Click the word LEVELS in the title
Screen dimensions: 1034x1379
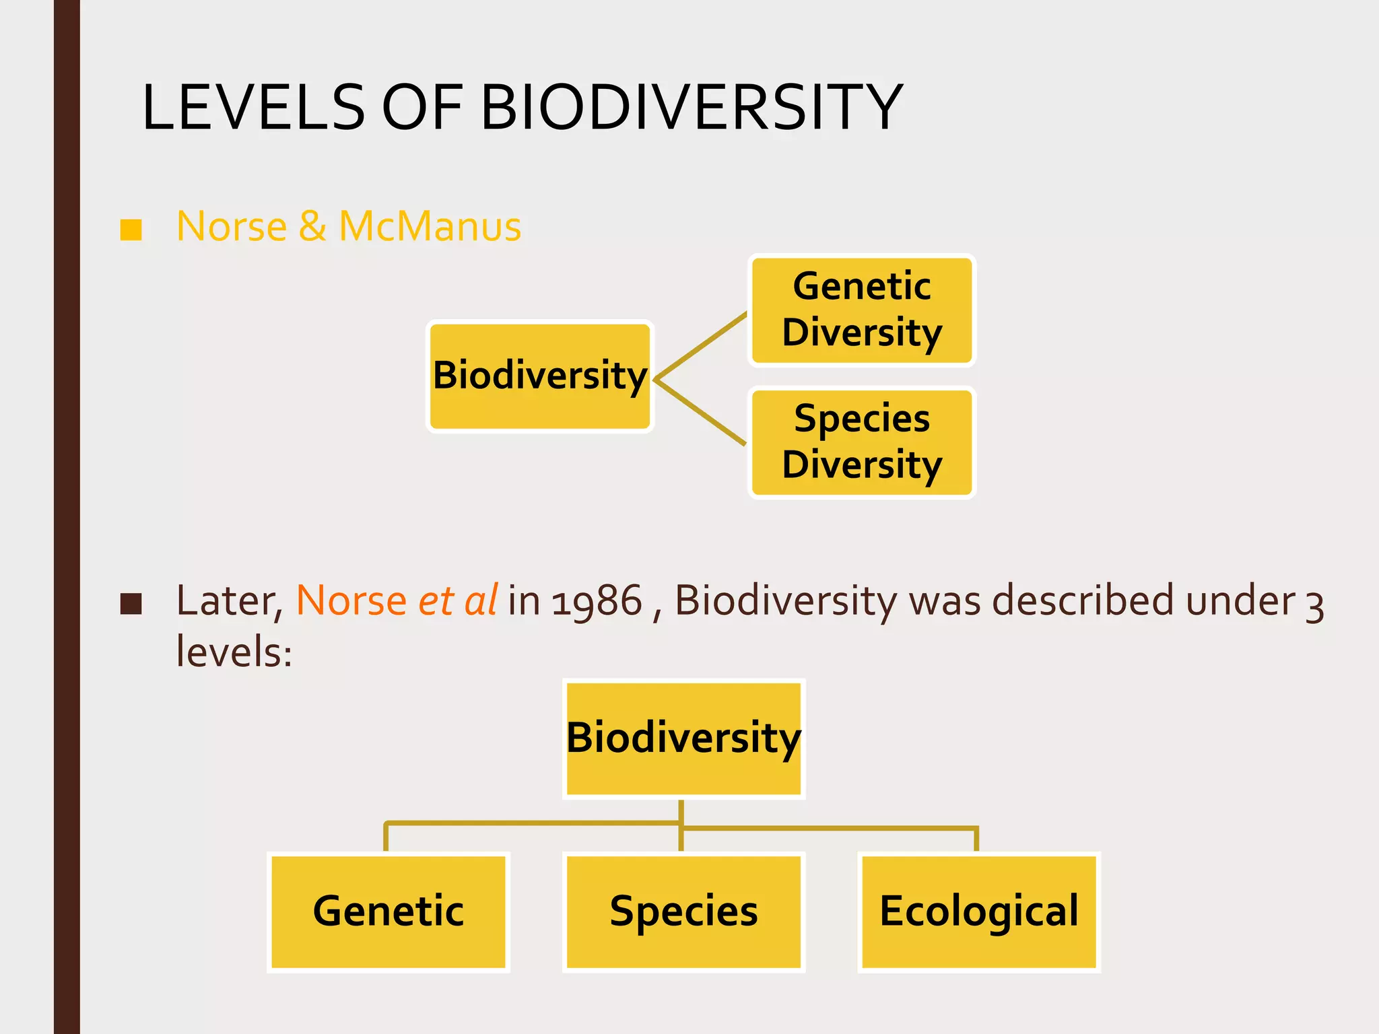pos(253,108)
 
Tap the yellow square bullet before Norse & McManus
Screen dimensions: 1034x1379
pos(131,229)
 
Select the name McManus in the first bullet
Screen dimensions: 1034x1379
pos(430,226)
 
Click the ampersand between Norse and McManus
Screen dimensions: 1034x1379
pos(312,226)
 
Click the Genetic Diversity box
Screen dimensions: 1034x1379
pos(861,310)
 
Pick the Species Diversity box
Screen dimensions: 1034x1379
pos(861,442)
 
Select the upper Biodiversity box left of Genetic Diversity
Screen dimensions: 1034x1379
pos(540,376)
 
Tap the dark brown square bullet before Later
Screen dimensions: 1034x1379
pos(131,603)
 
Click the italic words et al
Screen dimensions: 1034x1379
pos(457,600)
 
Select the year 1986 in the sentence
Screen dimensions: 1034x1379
pos(597,600)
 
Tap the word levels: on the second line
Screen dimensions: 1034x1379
pos(234,652)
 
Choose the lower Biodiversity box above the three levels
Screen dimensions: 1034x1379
pos(683,738)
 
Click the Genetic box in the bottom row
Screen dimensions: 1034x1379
pos(388,911)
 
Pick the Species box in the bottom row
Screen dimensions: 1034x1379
pos(683,911)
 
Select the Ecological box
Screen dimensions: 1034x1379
pos(978,911)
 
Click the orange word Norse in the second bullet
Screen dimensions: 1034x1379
pos(351,600)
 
